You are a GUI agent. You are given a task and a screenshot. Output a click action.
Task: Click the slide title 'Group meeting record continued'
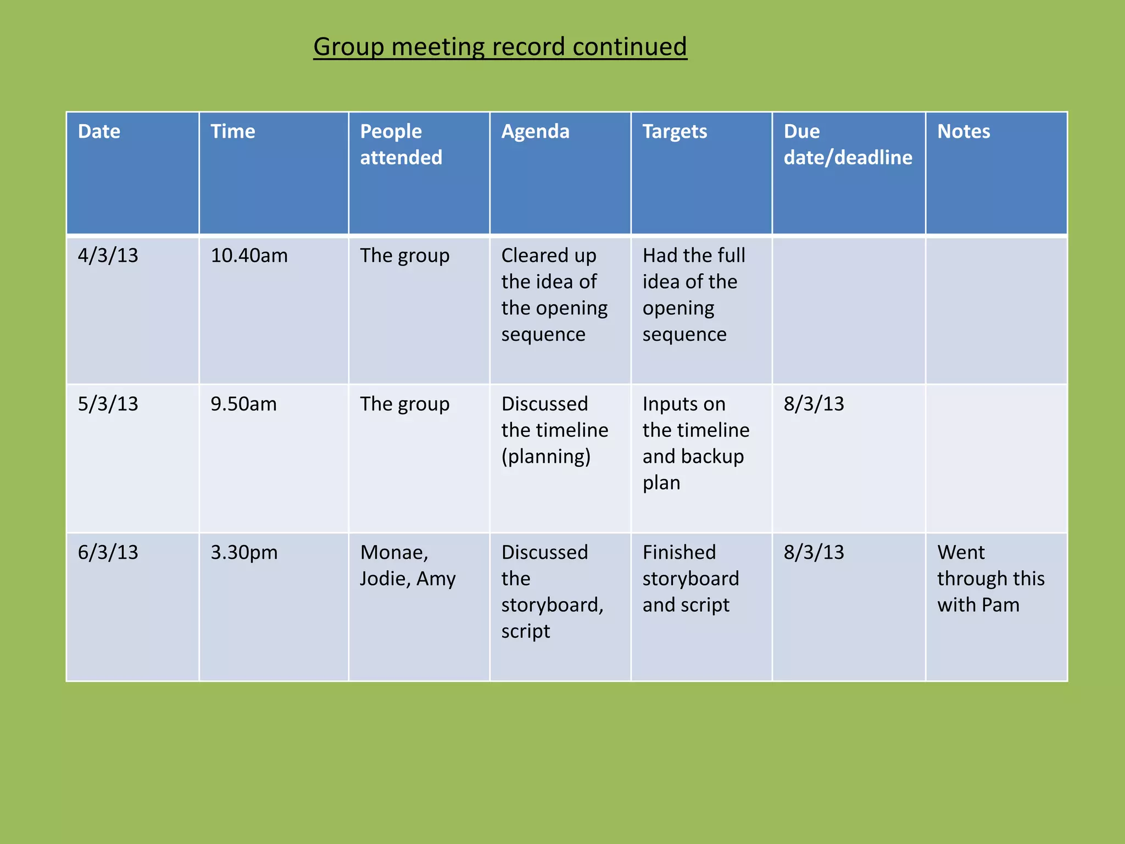click(500, 47)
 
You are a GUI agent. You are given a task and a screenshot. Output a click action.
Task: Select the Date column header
click(99, 132)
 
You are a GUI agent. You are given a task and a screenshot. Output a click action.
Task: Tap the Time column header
click(233, 132)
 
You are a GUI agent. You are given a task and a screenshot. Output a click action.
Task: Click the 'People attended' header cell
click(401, 145)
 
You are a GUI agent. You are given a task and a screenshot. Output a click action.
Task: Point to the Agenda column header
click(535, 132)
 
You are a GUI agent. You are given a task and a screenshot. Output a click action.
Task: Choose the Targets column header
click(675, 132)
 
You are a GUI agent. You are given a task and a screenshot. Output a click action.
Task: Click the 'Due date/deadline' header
click(848, 145)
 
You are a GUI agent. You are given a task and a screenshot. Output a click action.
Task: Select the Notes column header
click(964, 132)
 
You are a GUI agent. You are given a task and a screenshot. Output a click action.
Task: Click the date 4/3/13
click(108, 256)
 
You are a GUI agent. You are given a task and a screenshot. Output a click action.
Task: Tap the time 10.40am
click(249, 256)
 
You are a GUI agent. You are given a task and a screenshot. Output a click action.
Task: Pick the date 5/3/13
click(108, 404)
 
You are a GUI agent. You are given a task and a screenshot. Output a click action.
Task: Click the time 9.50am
click(243, 404)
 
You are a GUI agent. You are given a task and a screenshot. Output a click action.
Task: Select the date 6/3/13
click(108, 552)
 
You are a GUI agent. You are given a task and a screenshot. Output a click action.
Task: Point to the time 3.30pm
click(244, 552)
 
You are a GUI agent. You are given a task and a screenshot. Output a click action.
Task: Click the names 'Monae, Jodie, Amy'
click(408, 565)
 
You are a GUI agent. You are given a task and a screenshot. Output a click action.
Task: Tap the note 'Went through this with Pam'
click(990, 579)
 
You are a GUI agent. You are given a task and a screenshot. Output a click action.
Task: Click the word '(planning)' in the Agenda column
click(546, 457)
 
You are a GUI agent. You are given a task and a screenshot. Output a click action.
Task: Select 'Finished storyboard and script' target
click(690, 579)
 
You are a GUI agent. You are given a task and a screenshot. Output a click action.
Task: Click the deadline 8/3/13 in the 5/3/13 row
click(814, 404)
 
